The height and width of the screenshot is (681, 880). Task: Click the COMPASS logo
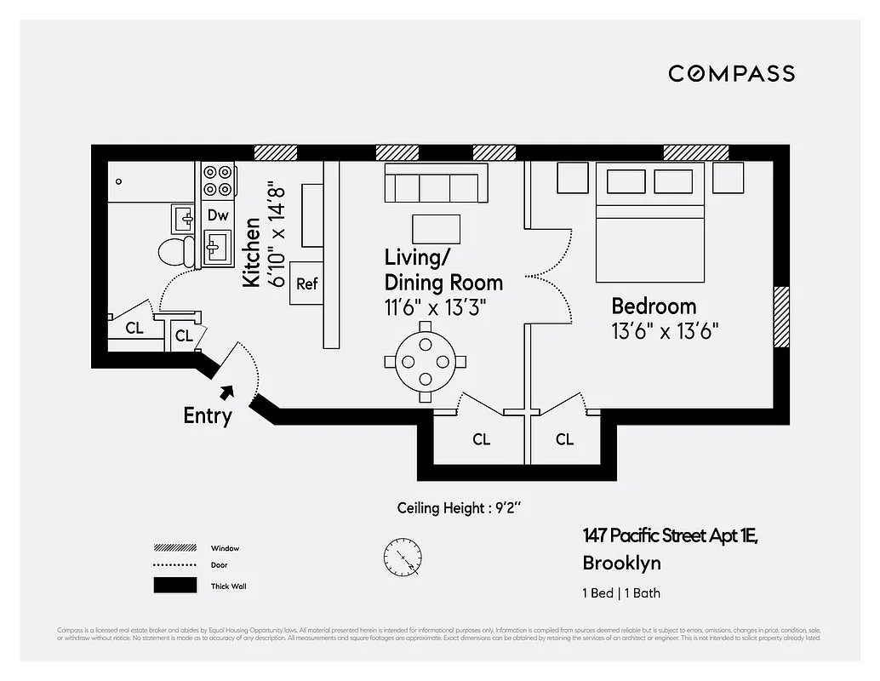point(731,73)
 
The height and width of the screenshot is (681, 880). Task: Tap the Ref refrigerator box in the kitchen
point(306,283)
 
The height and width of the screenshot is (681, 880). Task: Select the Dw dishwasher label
point(218,215)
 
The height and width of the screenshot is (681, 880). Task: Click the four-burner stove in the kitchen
point(218,180)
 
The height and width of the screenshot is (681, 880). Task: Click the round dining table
point(424,361)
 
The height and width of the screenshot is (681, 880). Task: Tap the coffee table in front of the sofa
point(436,229)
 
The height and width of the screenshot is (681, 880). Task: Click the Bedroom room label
point(654,306)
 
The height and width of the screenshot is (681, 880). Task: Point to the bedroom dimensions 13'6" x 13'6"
point(666,330)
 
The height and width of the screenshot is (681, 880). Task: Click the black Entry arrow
point(226,392)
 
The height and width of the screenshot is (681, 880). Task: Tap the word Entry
point(207,416)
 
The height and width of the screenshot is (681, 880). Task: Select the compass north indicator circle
point(402,557)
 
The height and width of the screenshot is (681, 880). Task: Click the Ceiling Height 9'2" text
point(459,508)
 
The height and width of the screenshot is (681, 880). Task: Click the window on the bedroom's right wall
point(780,318)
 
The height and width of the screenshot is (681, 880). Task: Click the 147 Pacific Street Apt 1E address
point(670,536)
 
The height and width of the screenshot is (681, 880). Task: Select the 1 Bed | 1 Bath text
point(621,593)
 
